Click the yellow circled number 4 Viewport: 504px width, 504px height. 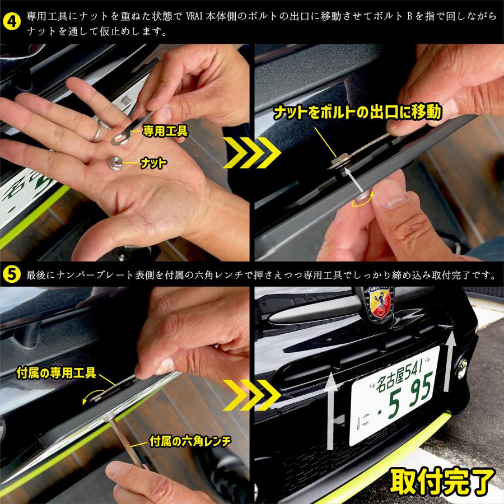tap(12, 22)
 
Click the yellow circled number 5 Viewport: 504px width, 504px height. tap(12, 275)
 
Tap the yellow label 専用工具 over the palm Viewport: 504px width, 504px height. tap(165, 131)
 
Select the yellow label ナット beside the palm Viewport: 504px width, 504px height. tap(153, 164)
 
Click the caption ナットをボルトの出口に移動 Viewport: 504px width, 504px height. tap(357, 112)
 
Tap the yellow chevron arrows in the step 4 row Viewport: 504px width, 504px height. tap(251, 153)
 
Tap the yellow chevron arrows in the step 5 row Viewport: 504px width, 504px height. tap(251, 395)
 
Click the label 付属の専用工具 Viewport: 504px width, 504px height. tap(56, 373)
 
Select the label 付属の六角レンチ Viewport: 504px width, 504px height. tap(190, 441)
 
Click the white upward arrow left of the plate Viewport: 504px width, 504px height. tap(330, 410)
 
